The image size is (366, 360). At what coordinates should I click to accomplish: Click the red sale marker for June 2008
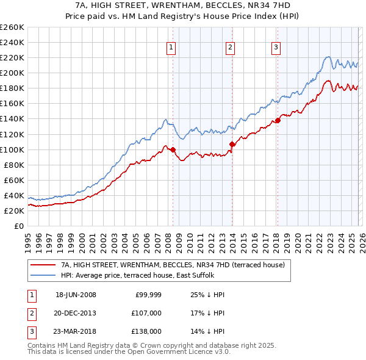pos(173,149)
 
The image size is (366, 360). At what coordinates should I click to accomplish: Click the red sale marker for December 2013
pos(232,144)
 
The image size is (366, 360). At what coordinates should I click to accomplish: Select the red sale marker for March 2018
pos(278,120)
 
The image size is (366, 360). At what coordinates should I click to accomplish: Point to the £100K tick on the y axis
pos(13,149)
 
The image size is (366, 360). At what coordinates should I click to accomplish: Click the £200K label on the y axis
pos(13,73)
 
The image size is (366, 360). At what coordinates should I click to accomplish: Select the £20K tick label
pos(15,211)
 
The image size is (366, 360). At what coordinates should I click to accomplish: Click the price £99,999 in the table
pos(148,295)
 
